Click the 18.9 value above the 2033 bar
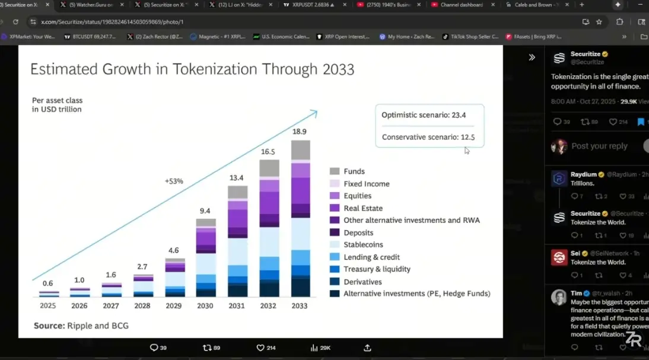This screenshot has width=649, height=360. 300,132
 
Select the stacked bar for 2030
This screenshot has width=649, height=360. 206,257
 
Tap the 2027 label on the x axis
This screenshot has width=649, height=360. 112,306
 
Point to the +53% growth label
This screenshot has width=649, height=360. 174,181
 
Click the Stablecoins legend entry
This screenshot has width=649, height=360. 363,244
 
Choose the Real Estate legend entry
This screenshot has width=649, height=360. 363,208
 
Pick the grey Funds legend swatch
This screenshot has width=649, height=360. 335,171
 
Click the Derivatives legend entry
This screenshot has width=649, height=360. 362,282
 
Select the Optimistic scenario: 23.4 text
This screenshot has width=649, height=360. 424,115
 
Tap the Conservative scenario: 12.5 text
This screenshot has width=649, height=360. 428,137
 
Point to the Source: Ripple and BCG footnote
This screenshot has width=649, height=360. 81,325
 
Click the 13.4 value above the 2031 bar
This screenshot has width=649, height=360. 237,177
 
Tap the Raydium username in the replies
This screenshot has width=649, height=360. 583,175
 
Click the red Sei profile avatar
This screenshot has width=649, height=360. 559,257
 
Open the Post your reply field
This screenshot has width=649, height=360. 599,146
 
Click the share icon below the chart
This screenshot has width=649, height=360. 367,348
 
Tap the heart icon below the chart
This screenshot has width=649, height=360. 260,348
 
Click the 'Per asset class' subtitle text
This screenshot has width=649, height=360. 58,100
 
